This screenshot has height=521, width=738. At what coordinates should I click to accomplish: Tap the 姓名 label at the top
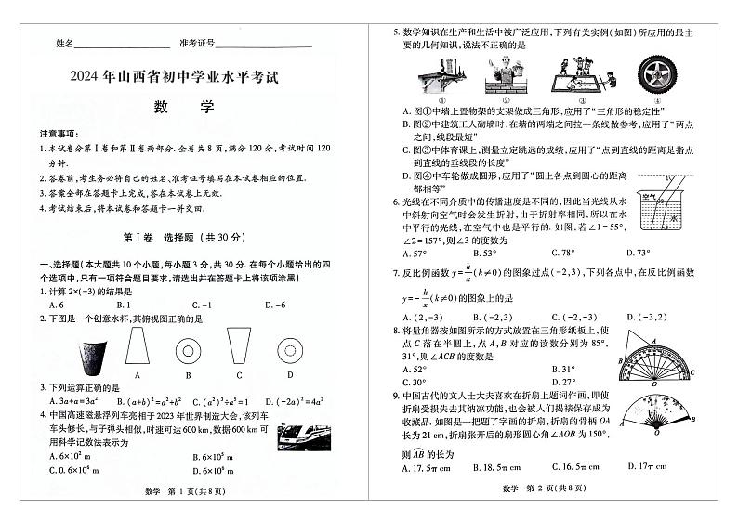tap(64, 44)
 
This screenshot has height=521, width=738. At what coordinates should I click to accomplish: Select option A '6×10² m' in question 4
tap(70, 456)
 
